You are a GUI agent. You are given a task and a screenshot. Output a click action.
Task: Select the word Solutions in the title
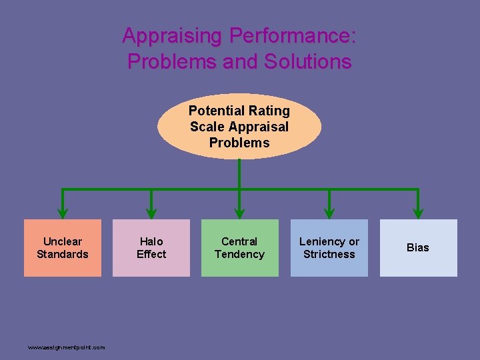307,61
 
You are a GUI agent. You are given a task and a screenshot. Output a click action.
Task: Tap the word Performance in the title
292,35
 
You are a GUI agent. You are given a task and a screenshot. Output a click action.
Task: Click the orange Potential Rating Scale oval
239,126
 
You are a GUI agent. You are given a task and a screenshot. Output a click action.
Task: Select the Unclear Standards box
63,247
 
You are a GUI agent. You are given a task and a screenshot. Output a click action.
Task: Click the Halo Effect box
151,247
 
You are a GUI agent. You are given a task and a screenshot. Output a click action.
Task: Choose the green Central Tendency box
239,247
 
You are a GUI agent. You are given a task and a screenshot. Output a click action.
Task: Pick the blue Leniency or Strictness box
329,247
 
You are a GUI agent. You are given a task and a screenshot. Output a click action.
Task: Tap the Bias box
418,247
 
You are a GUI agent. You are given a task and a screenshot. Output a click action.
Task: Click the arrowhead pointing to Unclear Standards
63,213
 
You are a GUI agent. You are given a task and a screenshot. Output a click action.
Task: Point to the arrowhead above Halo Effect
151,213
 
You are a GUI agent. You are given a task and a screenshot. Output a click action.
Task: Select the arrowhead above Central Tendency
239,213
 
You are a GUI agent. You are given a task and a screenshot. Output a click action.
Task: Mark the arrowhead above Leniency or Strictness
329,213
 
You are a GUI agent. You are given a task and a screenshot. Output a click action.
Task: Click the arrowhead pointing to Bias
418,213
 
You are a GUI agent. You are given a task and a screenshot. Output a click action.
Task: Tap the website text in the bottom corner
66,347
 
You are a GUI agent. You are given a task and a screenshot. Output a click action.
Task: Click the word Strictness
329,254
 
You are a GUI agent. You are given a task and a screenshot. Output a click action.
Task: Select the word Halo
151,241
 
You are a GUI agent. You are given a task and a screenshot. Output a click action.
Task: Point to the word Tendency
239,254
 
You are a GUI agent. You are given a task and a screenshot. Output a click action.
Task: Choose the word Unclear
63,241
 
